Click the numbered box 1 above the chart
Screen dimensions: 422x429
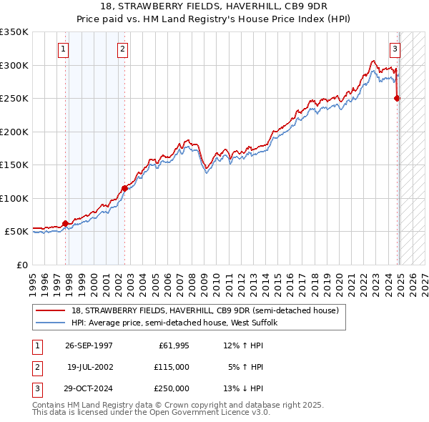[x=64, y=49]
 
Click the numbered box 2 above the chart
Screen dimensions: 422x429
[x=122, y=49]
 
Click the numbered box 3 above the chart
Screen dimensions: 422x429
[x=395, y=49]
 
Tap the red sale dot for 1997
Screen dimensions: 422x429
[x=65, y=224]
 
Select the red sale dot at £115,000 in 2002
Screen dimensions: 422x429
[x=124, y=189]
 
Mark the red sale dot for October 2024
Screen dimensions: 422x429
[x=398, y=99]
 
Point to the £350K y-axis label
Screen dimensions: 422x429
[x=14, y=32]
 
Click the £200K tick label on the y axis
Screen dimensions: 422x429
[x=14, y=132]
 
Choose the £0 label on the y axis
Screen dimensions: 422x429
[x=21, y=265]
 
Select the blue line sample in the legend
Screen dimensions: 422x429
[x=51, y=323]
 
